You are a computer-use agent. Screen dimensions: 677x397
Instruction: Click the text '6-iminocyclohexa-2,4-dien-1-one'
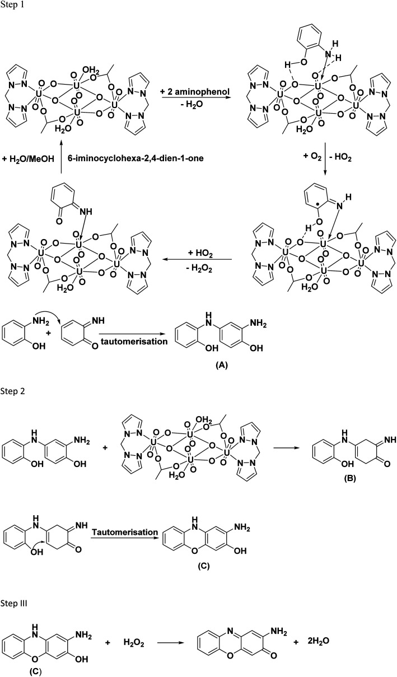pyautogui.click(x=130, y=158)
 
